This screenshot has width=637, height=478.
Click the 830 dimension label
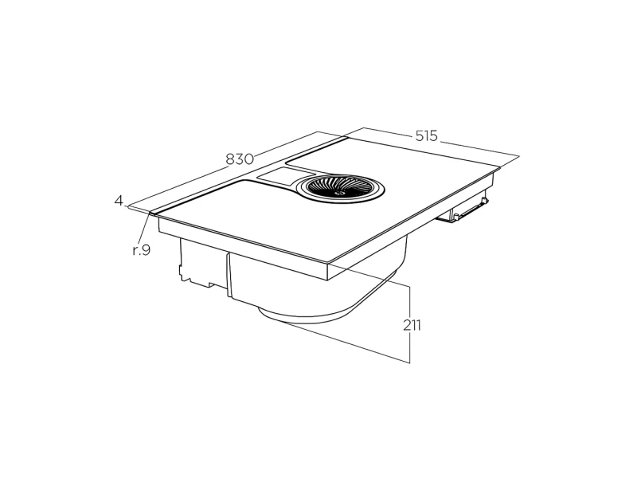coord(240,159)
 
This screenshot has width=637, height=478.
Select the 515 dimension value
coord(426,135)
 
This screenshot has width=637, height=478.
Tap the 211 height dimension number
coord(412,325)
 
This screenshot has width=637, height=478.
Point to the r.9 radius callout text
coord(142,250)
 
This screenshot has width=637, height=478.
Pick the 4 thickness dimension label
coord(119,201)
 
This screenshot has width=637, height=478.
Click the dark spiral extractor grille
coord(340,187)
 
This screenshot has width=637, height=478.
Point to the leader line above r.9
coord(144,228)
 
